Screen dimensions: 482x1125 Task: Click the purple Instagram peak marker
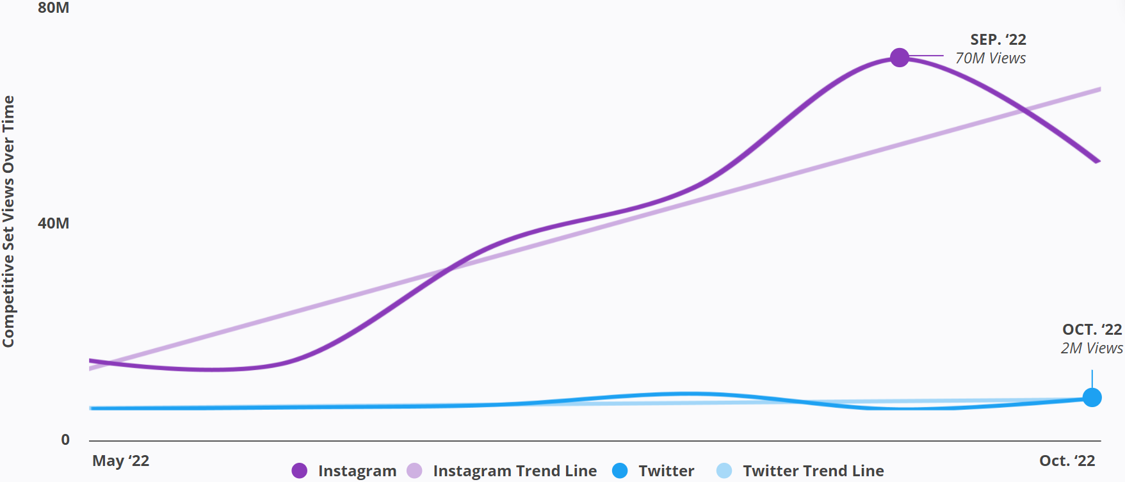pos(900,58)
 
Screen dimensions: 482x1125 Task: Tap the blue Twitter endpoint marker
pos(1092,398)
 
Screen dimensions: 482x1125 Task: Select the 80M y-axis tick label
pos(54,8)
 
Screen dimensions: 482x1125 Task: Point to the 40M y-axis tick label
pos(54,223)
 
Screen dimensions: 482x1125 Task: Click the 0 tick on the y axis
pos(65,440)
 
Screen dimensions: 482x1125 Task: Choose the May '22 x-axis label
pos(121,461)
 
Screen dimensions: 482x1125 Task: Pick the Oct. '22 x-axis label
pos(1067,461)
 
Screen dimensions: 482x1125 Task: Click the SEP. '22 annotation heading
pos(998,40)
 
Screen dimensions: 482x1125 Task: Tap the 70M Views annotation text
pos(990,58)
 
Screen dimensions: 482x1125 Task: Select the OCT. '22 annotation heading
pos(1092,330)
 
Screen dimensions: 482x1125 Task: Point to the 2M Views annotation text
pos(1091,348)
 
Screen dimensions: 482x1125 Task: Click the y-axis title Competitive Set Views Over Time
pos(8,221)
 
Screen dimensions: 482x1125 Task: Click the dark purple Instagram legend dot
pos(299,471)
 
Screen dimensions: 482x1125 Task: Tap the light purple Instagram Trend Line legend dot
pos(414,471)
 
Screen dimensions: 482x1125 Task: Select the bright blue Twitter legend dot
pos(620,471)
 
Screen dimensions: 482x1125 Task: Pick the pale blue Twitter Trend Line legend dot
pos(724,471)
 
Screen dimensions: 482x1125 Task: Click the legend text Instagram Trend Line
pos(515,471)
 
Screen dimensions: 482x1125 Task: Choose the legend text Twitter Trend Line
pos(813,471)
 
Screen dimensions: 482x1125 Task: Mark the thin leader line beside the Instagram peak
pos(927,56)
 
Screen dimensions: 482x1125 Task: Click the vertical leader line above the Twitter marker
pos(1092,379)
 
